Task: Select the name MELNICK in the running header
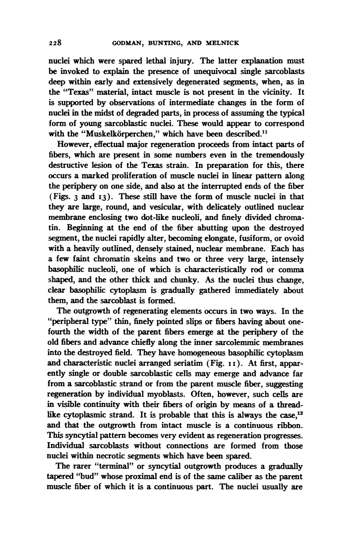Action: click(222, 43)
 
